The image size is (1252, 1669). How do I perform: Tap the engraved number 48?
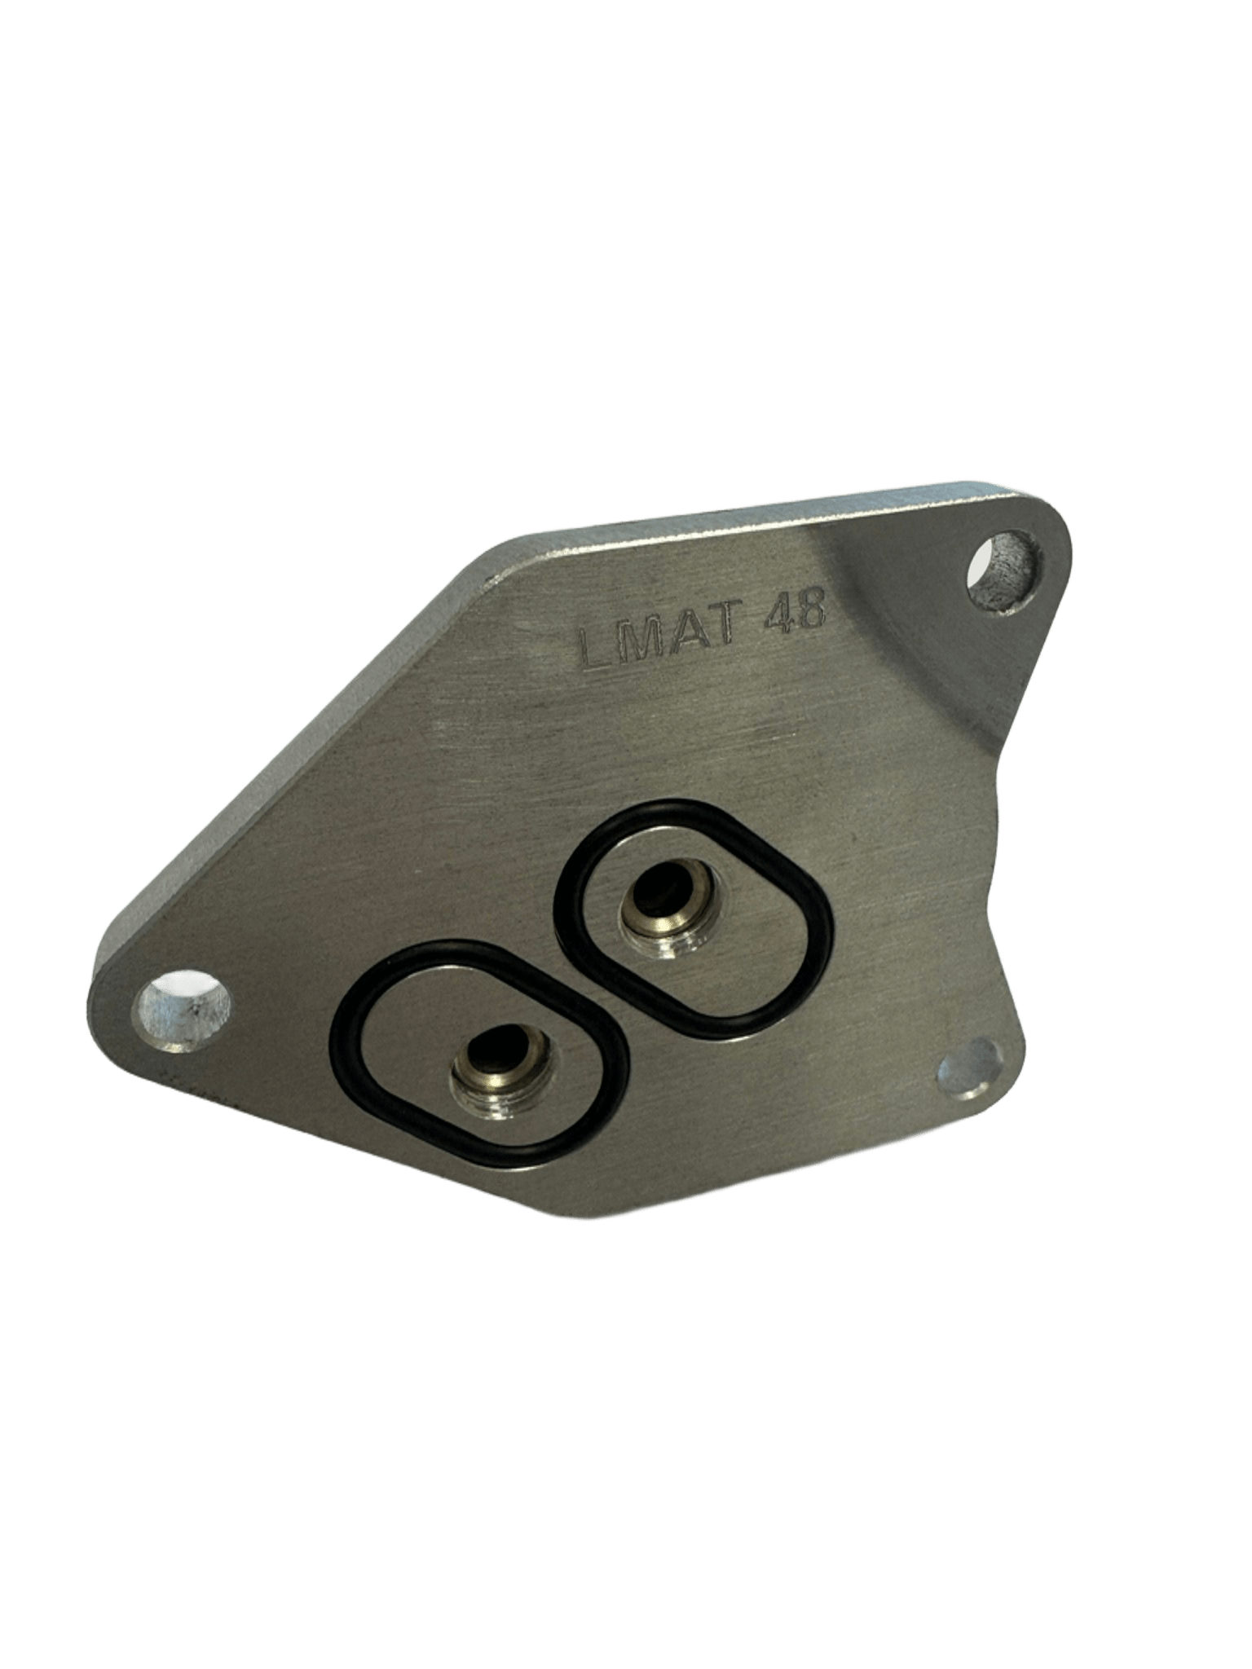794,610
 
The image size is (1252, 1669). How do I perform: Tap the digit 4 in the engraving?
778,613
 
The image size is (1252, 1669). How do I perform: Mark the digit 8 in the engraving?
811,608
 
